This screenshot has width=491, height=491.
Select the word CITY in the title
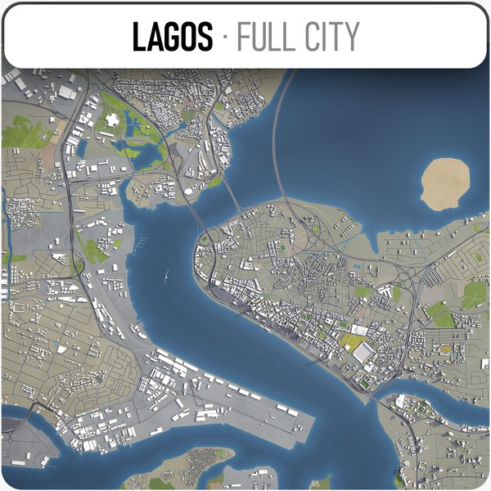click(x=332, y=37)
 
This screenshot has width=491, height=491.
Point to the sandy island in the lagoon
click(x=446, y=182)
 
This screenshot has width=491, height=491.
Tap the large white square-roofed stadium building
click(x=363, y=353)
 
